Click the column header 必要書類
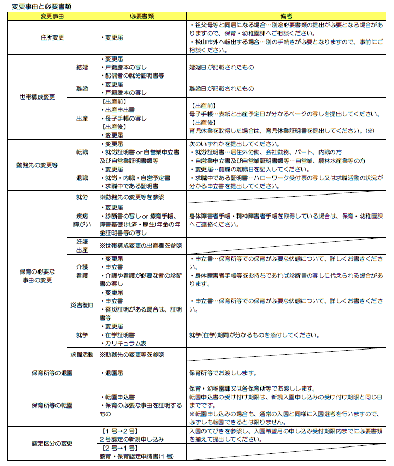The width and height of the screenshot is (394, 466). pyautogui.click(x=142, y=16)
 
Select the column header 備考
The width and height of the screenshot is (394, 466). pyautogui.click(x=286, y=16)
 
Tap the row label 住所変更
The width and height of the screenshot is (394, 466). pyautogui.click(x=52, y=37)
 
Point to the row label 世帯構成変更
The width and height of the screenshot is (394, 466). pyautogui.click(x=37, y=96)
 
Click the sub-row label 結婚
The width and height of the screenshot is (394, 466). pyautogui.click(x=82, y=67)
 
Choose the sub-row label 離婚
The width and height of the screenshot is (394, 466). pyautogui.click(x=82, y=88)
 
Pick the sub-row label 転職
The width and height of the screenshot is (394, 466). pyautogui.click(x=82, y=152)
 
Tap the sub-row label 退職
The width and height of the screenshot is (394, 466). pyautogui.click(x=82, y=178)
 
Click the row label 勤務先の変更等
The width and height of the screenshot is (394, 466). pyautogui.click(x=37, y=165)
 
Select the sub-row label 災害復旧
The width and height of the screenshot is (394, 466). pyautogui.click(x=82, y=305)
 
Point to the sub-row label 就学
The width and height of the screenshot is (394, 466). pyautogui.click(x=82, y=335)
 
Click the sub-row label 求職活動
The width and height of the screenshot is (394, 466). pyautogui.click(x=82, y=354)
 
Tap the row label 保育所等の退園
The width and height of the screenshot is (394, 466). pyautogui.click(x=52, y=373)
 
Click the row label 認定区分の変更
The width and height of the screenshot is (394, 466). pyautogui.click(x=52, y=443)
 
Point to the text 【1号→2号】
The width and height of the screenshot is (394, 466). pyautogui.click(x=117, y=430)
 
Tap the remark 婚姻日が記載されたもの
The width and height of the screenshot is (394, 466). pyautogui.click(x=221, y=67)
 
